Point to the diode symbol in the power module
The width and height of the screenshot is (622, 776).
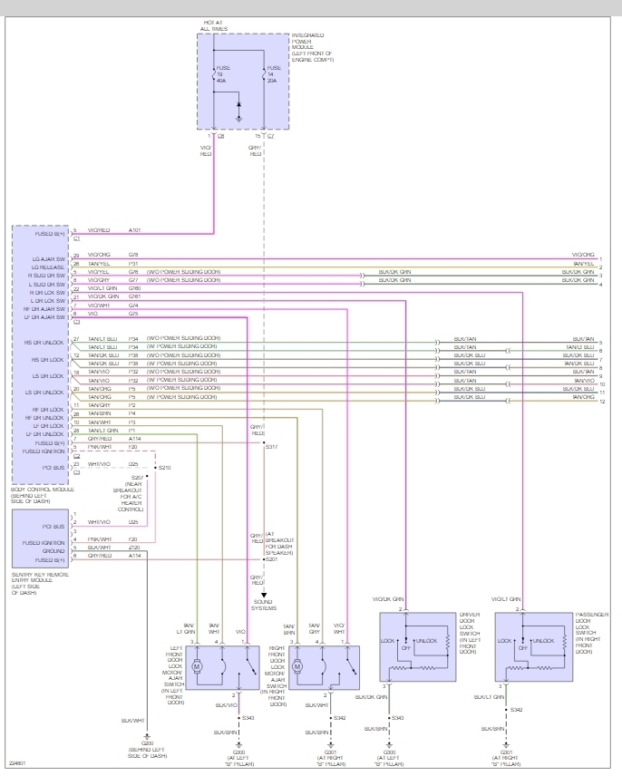coord(238,105)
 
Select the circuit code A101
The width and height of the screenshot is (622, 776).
coord(135,230)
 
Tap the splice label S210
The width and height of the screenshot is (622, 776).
coord(164,467)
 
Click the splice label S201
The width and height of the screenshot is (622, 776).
coord(271,559)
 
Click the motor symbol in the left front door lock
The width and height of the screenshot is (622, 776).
coord(202,665)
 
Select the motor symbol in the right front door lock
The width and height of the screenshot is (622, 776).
coord(297,665)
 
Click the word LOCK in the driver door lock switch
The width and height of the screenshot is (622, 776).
coord(387,641)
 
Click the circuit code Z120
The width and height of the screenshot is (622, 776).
coord(133,548)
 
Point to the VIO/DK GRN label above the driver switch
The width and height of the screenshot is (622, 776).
coord(387,599)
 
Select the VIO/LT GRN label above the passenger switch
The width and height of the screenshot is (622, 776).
coord(505,599)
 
